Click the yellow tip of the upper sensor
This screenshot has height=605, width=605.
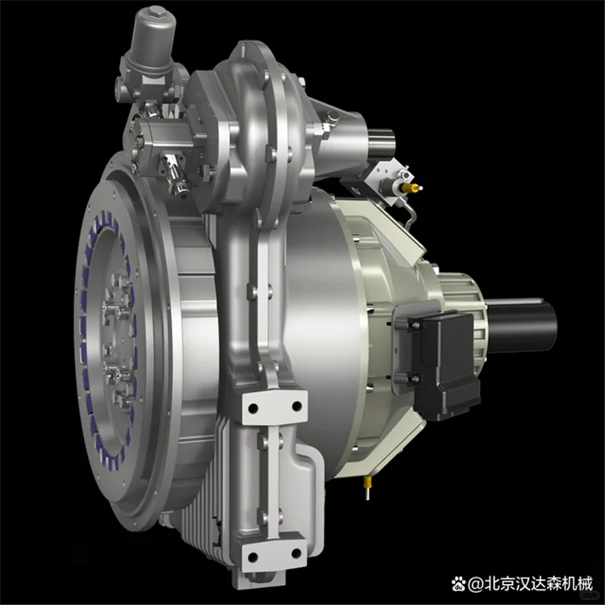(x=415, y=187)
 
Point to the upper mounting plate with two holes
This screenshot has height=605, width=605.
(x=273, y=407)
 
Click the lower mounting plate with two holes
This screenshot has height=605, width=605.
(x=274, y=556)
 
